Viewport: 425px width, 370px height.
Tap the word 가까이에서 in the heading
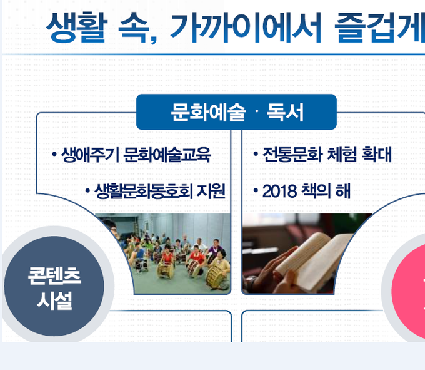click(x=246, y=28)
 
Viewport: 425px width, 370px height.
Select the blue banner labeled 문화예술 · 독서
click(x=236, y=112)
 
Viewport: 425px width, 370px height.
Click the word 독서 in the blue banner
click(x=285, y=112)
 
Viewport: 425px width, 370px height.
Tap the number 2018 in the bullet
click(x=279, y=191)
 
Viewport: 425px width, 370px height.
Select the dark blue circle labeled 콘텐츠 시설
click(x=54, y=286)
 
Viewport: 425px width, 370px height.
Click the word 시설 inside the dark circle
click(x=54, y=301)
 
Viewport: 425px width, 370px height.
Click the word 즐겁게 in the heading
click(x=380, y=28)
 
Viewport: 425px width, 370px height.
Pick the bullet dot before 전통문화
click(x=256, y=154)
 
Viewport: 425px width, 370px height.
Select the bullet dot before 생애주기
click(x=54, y=155)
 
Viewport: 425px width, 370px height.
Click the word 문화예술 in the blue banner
click(x=208, y=112)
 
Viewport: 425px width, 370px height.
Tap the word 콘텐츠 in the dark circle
click(x=54, y=275)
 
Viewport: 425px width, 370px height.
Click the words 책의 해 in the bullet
click(x=326, y=191)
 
